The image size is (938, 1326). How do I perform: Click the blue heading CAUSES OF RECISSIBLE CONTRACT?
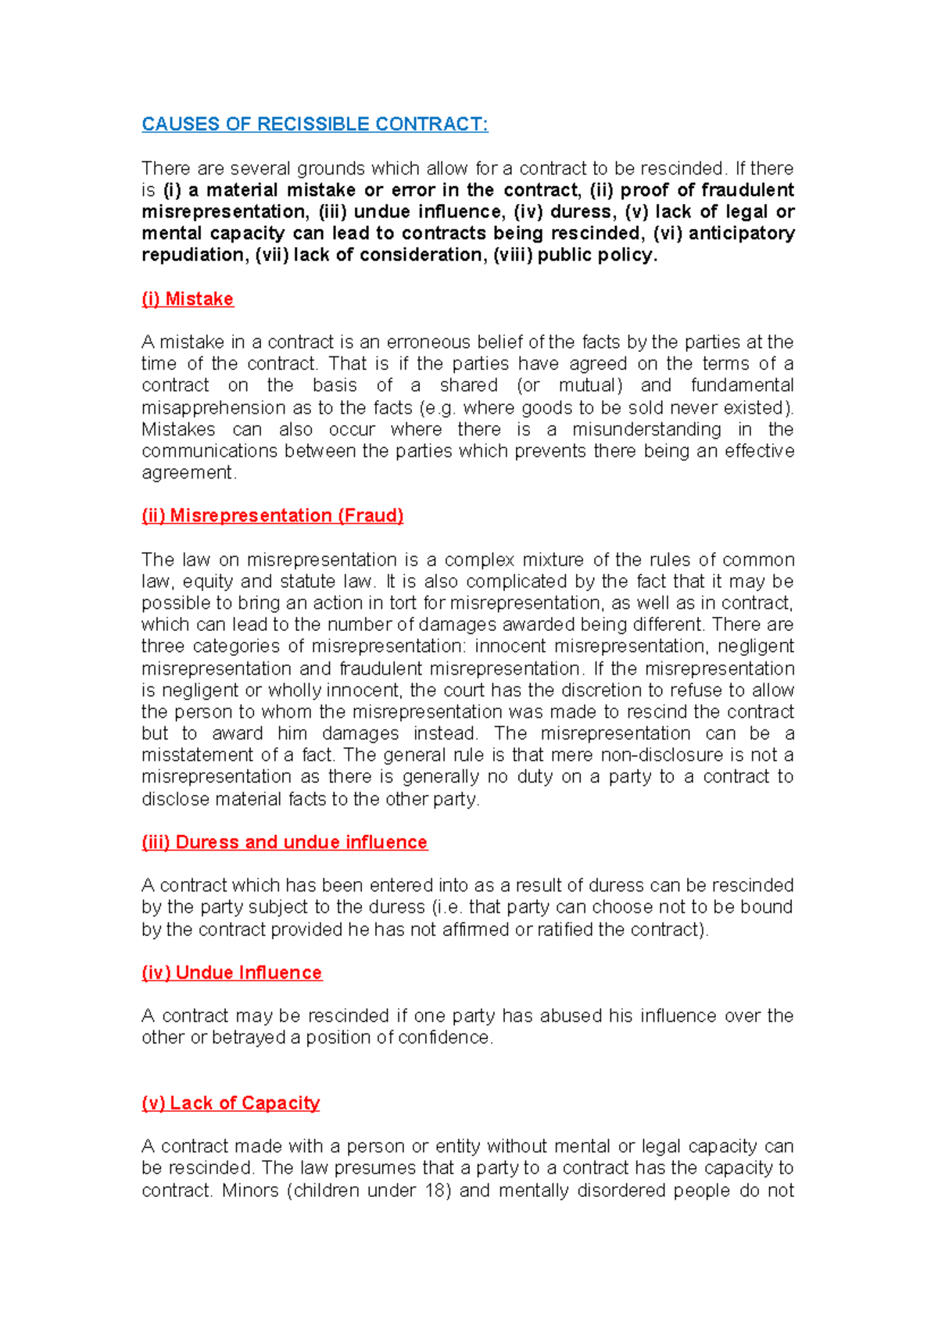pos(314,124)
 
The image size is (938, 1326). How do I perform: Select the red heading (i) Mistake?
pos(188,299)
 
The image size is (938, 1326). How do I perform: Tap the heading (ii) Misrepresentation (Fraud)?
pos(272,516)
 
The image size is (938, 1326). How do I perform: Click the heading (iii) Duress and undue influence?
pos(285,842)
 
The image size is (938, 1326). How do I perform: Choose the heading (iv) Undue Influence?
pos(231,973)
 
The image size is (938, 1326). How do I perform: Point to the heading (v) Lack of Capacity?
pos(231,1103)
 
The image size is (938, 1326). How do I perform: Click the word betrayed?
pos(249,1038)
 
